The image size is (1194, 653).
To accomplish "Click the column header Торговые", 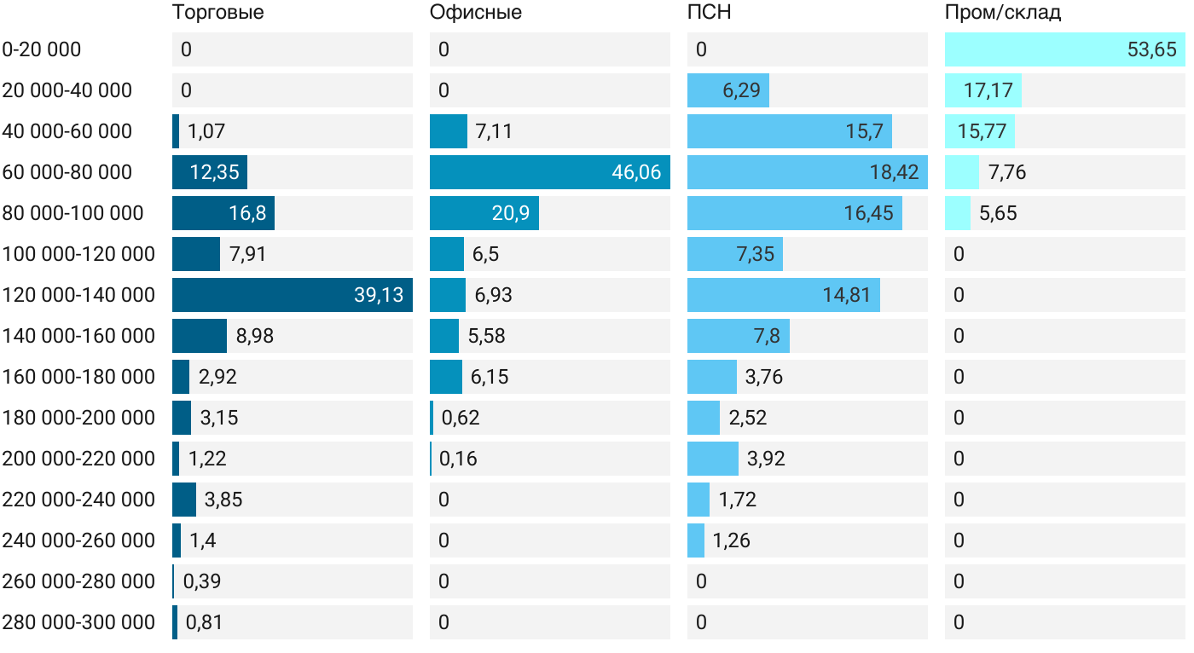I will [217, 13].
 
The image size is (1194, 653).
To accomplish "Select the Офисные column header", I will [475, 13].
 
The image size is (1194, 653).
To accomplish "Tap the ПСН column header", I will [709, 13].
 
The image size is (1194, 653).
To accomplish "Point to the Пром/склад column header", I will [1002, 13].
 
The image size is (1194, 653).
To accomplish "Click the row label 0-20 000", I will [42, 49].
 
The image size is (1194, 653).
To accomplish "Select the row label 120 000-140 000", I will [78, 295].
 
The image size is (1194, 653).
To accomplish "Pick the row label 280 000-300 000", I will [78, 622].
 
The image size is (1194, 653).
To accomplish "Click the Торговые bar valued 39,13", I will [292, 295].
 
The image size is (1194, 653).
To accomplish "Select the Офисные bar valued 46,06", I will [549, 172].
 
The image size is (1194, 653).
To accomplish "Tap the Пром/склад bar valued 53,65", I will [1064, 49].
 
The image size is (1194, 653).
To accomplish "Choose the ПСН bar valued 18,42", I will [807, 172].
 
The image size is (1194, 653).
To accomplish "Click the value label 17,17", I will [988, 90].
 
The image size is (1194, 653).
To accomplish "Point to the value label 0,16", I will [458, 459].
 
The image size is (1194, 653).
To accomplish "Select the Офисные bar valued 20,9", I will [484, 213].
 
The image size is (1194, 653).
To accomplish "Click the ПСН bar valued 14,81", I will [783, 295].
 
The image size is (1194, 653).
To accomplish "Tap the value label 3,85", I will [223, 500].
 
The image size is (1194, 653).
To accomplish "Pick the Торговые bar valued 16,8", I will [223, 213].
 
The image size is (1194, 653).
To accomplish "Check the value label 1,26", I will [731, 540].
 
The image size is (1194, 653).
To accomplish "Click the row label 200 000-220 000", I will [78, 459].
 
